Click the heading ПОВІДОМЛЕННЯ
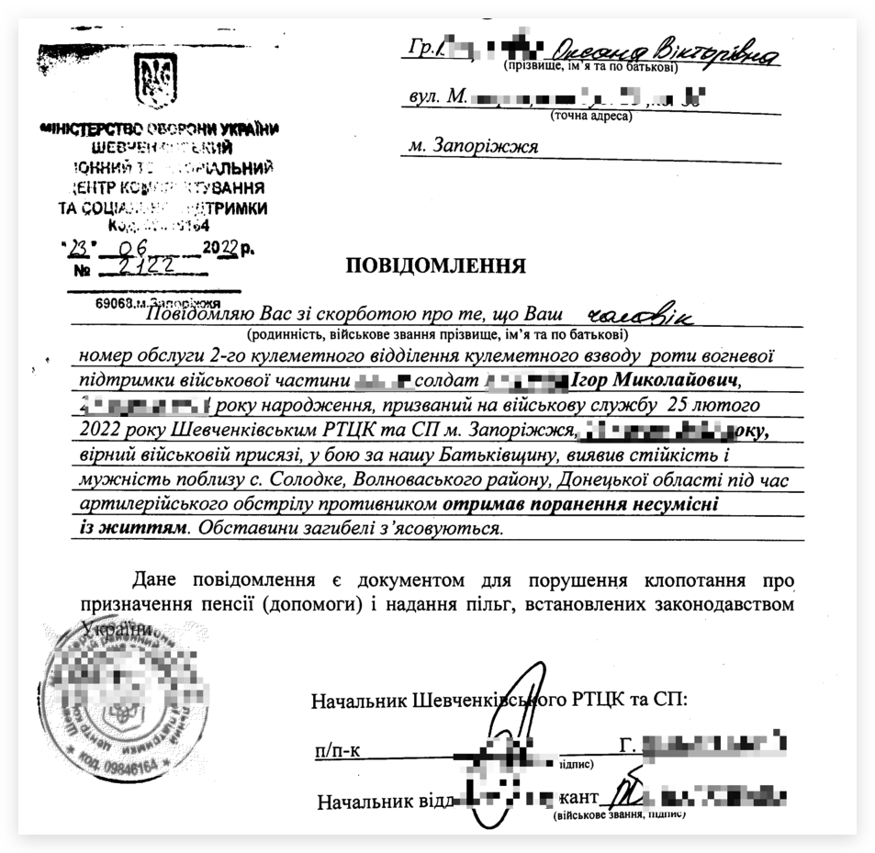pos(435,266)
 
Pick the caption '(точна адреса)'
pos(591,117)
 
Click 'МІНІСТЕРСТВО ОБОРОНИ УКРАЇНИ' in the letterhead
pos(162,129)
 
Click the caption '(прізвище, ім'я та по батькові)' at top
pos(590,67)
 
